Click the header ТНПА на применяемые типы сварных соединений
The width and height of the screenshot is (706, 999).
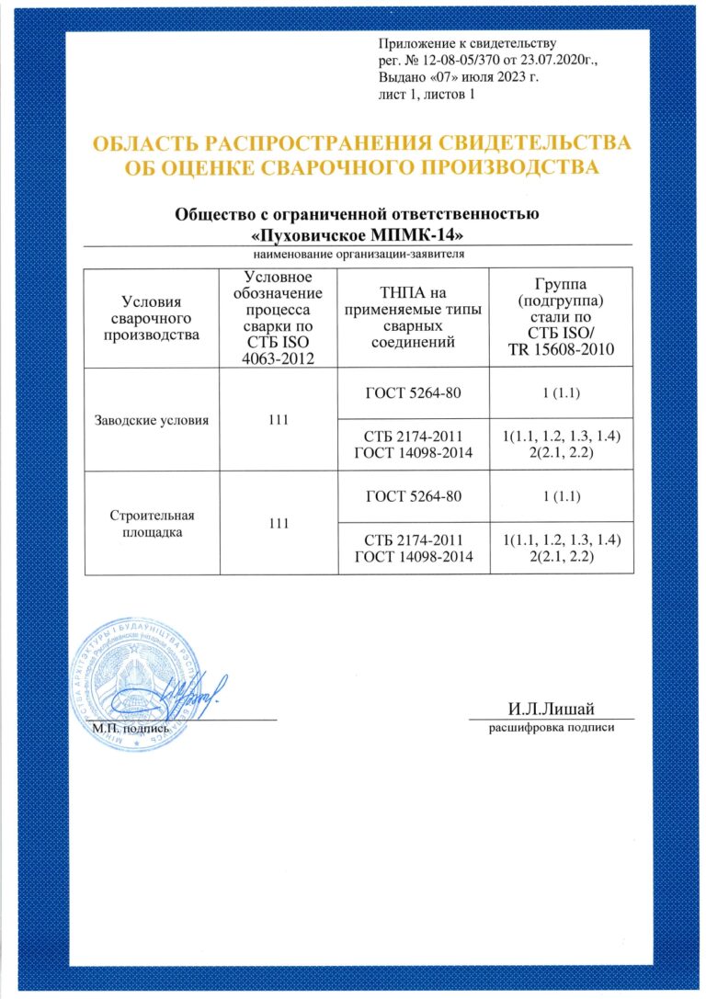pos(413,318)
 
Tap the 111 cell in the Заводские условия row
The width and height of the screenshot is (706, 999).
pos(278,420)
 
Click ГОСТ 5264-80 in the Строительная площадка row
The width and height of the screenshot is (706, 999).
pos(413,497)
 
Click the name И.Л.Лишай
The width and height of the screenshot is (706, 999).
pos(550,708)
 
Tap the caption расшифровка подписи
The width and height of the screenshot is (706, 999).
pos(550,727)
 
